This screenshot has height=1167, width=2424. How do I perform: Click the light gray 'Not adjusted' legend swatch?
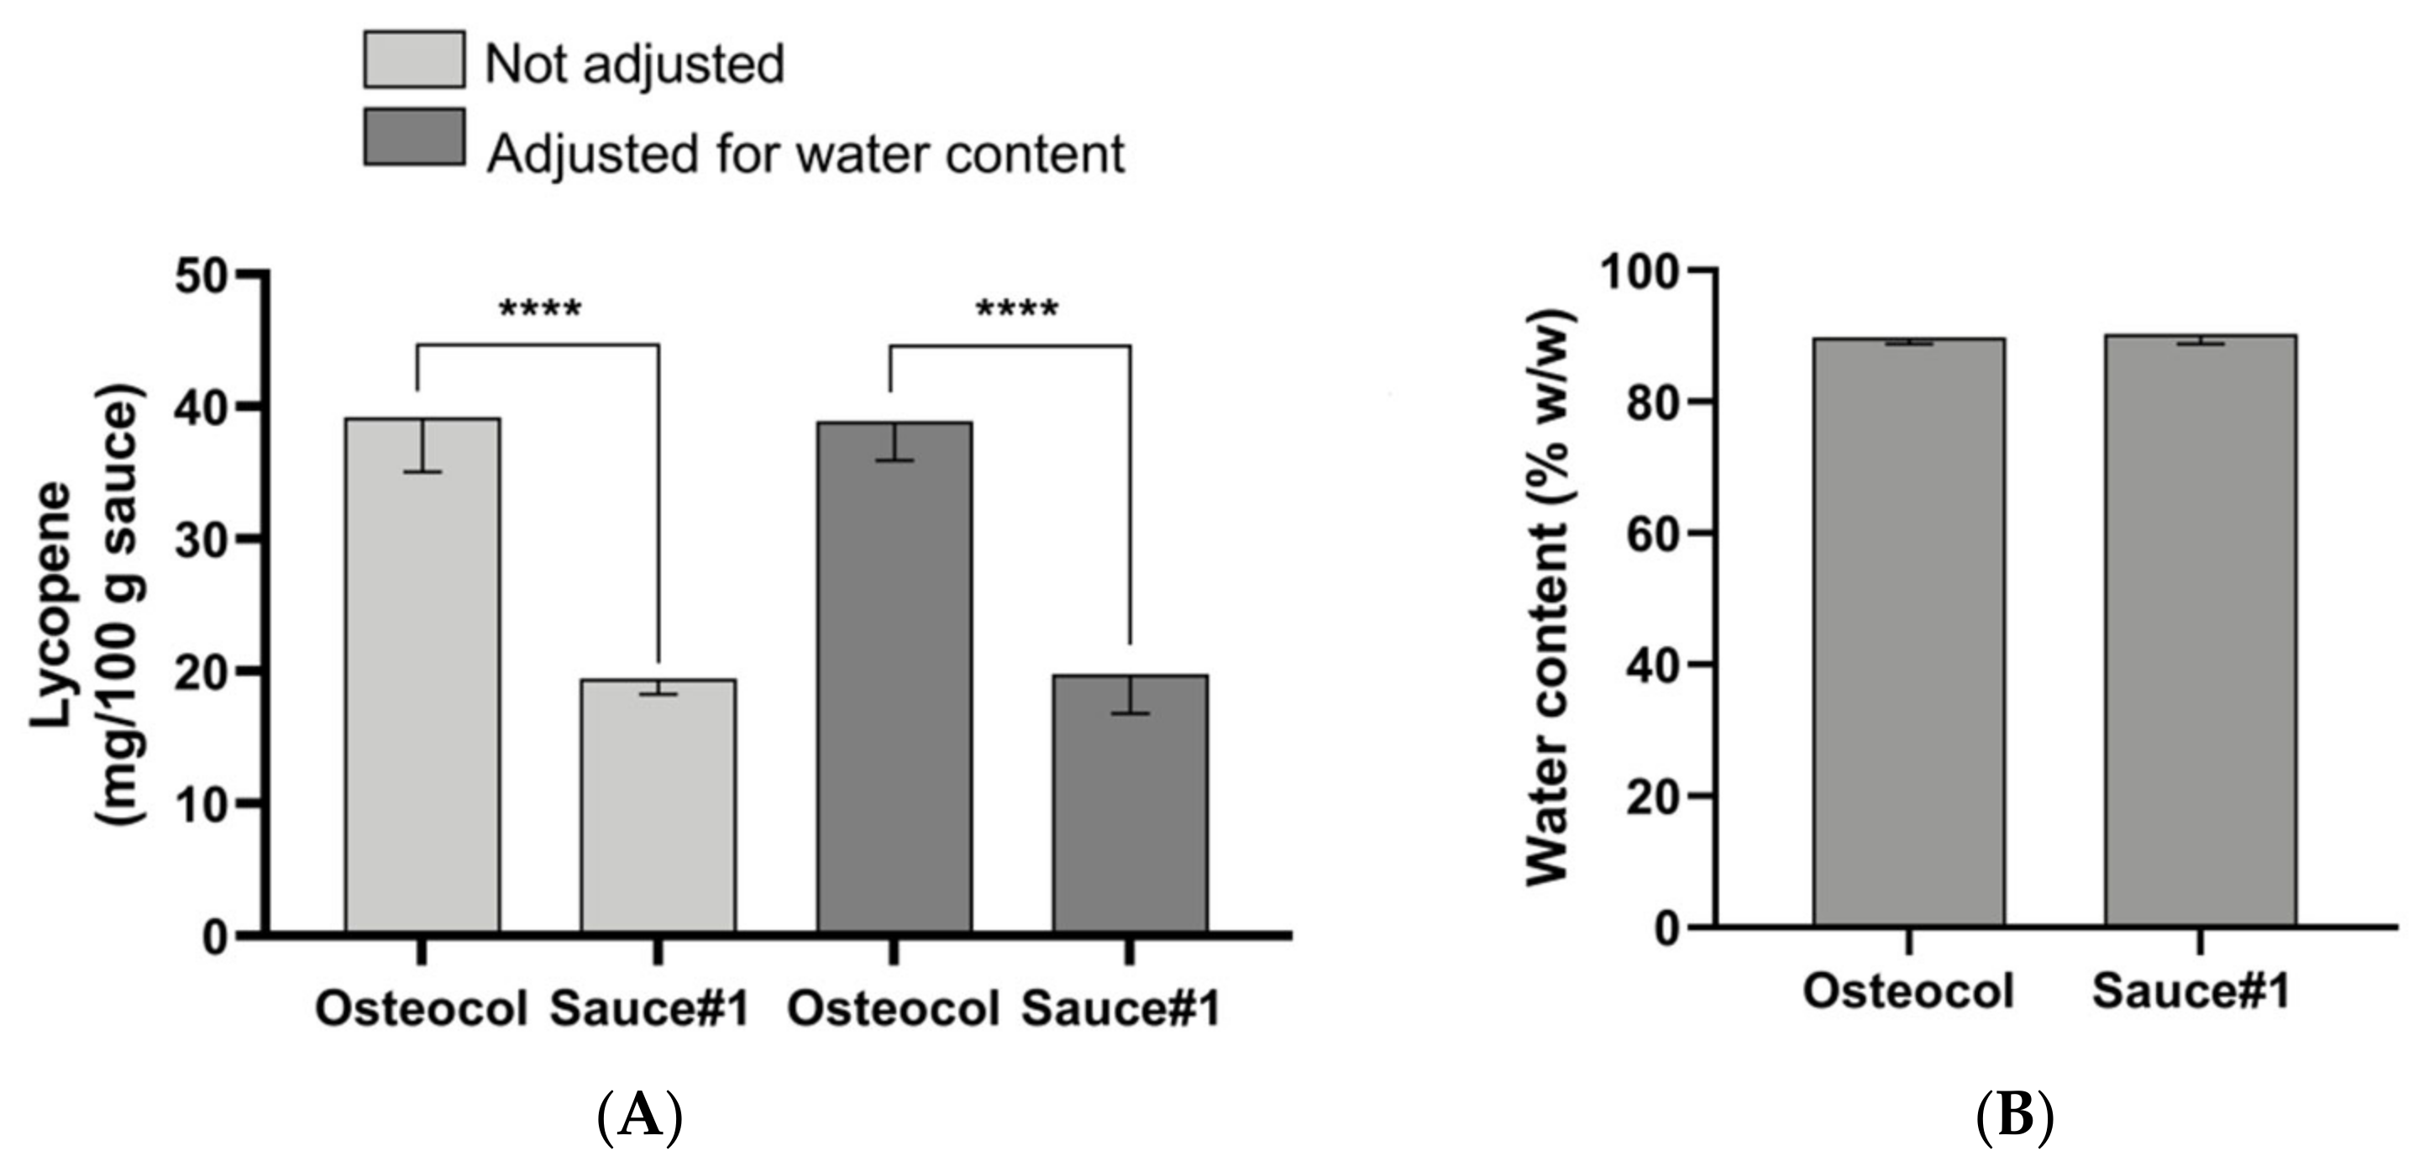coord(413,60)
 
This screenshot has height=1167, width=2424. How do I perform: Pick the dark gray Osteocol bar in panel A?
coord(894,678)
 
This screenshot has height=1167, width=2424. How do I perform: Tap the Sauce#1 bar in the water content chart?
coord(2200,631)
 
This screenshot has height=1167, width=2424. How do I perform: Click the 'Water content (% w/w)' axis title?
coord(1549,597)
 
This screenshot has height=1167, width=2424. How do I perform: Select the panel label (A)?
coord(640,1118)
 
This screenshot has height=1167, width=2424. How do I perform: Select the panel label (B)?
coord(2014,1118)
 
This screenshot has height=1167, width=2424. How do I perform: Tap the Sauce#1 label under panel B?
coord(2191,992)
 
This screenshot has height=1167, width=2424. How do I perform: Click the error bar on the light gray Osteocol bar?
coord(424,444)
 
